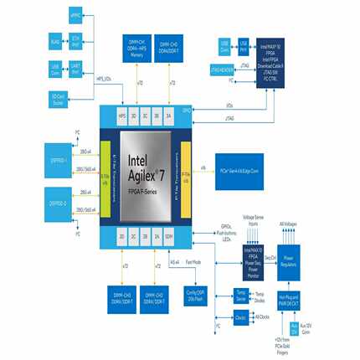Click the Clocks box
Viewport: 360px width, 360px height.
[x=240, y=316]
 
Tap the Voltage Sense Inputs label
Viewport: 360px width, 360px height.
[x=251, y=219]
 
